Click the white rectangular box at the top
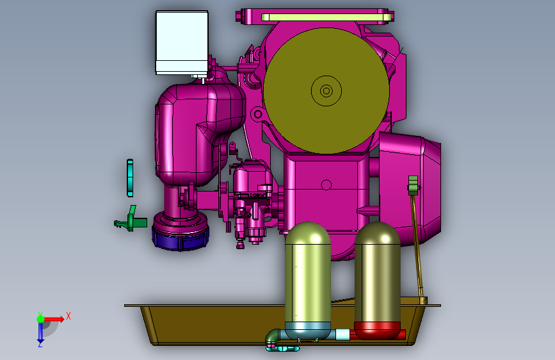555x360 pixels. [x=182, y=42]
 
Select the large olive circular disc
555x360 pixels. [x=326, y=91]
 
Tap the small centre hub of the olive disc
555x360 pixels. [x=326, y=91]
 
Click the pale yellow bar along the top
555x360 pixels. [x=326, y=17]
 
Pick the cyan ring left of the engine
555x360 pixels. [x=130, y=178]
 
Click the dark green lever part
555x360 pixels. [x=131, y=221]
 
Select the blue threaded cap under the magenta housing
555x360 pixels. [x=180, y=239]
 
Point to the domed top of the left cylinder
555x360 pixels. [x=308, y=233]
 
